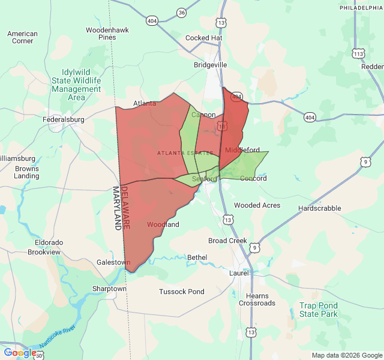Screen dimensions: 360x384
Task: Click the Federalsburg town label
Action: tap(63, 119)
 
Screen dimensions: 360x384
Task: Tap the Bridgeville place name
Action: tap(211, 64)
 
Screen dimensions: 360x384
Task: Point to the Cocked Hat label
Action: tap(203, 37)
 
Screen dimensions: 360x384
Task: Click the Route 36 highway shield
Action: tap(182, 13)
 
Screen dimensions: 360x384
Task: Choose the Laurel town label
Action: tap(239, 273)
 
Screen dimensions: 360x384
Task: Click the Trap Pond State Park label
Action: tap(319, 310)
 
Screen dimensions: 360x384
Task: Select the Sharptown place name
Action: tap(109, 289)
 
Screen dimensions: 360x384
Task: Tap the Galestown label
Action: tap(113, 262)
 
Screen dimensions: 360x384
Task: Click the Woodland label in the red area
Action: tap(163, 224)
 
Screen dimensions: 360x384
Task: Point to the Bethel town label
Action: tap(197, 257)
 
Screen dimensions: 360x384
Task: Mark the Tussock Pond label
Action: tap(182, 292)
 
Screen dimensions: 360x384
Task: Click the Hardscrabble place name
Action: tap(319, 208)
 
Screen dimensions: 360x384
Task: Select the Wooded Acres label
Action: tap(257, 205)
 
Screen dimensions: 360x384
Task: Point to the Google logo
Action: tap(19, 353)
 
